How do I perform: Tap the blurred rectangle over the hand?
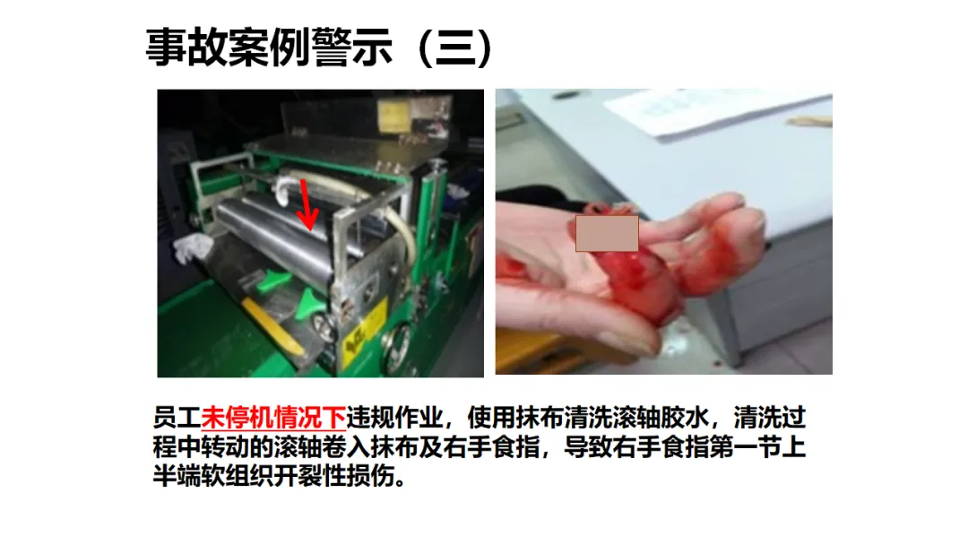(x=607, y=233)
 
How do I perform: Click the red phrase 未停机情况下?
(x=273, y=418)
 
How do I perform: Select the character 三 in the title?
(x=455, y=48)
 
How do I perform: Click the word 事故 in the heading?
(x=186, y=48)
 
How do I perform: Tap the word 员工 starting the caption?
(x=177, y=418)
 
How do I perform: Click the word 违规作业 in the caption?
(x=394, y=418)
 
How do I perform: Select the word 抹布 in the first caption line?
(x=540, y=418)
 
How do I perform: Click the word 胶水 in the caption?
(x=685, y=418)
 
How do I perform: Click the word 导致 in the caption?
(x=588, y=447)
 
